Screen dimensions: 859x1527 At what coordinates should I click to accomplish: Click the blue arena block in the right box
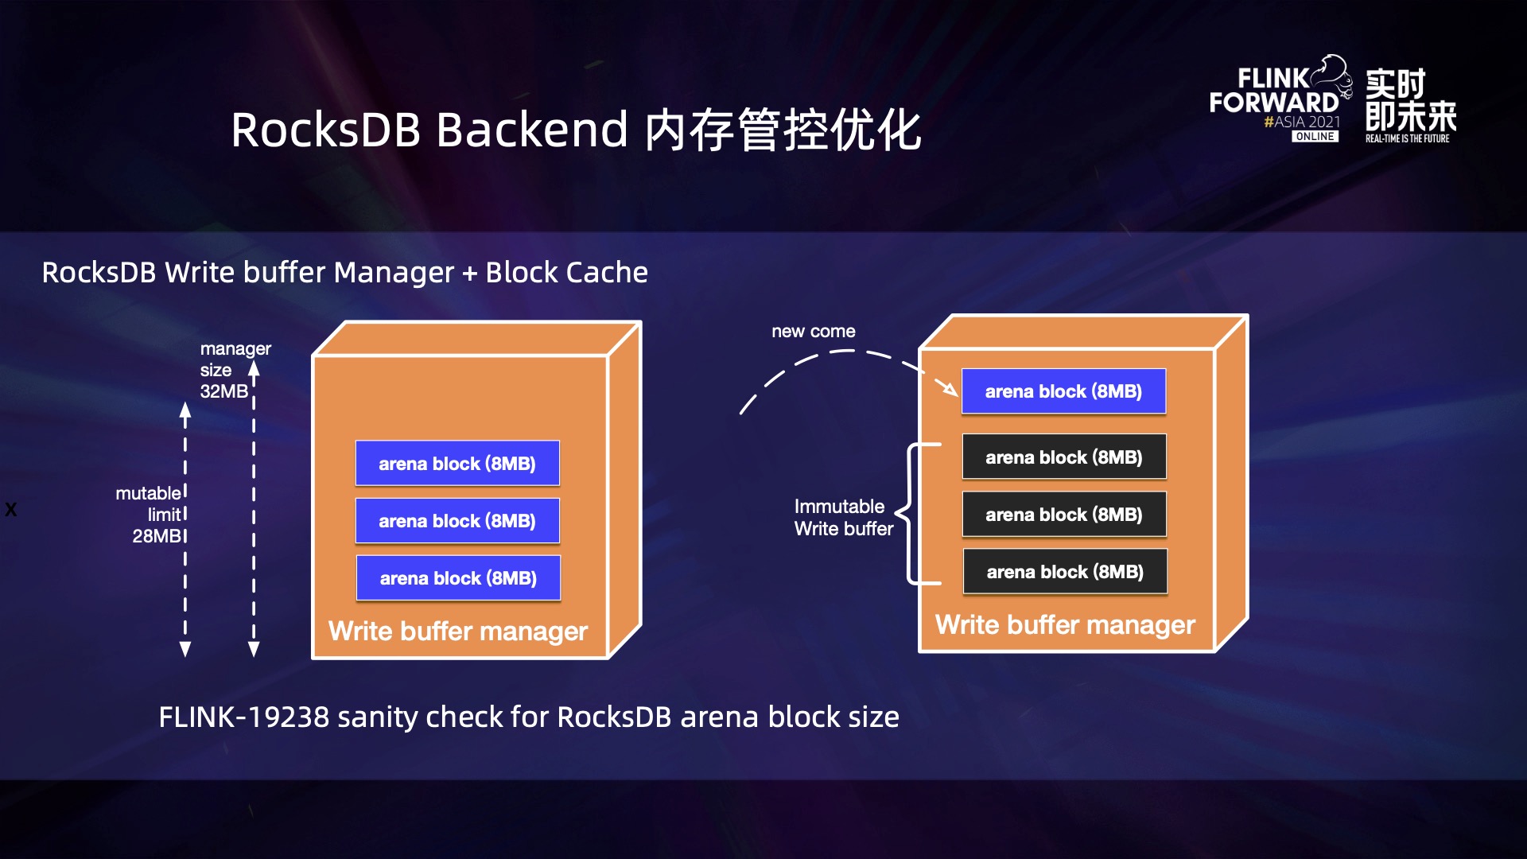[x=1063, y=391]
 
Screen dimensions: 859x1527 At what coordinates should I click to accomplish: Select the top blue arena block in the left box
[x=457, y=464]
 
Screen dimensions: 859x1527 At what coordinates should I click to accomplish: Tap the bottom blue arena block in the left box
[x=458, y=578]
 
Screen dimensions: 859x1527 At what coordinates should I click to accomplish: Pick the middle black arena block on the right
[x=1064, y=515]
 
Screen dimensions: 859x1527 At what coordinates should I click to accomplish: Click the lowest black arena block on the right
[x=1065, y=572]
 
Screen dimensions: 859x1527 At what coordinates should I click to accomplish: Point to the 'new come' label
[x=813, y=332]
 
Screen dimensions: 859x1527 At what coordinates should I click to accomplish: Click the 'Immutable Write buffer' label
[x=843, y=518]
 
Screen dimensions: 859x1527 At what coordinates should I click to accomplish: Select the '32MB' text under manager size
[x=223, y=391]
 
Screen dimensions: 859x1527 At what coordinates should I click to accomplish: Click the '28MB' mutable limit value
[x=157, y=536]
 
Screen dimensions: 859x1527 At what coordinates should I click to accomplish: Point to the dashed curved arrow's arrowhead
[x=950, y=389]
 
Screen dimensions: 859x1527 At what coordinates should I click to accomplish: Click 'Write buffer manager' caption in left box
[x=458, y=632]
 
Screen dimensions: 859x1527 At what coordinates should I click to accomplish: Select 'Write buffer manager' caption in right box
[x=1065, y=625]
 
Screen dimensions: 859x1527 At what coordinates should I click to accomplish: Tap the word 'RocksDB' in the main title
[x=325, y=130]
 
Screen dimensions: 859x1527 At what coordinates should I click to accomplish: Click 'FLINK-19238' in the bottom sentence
[x=243, y=717]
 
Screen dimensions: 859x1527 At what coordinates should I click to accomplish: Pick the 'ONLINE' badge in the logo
[x=1315, y=137]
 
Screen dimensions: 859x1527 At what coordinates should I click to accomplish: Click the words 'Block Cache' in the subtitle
[x=566, y=273]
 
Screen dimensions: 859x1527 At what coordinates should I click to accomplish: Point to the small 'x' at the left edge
[x=10, y=510]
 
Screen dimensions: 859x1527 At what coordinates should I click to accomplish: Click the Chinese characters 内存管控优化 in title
[x=783, y=130]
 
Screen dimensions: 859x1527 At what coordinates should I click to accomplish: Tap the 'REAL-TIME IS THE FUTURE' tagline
[x=1407, y=139]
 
